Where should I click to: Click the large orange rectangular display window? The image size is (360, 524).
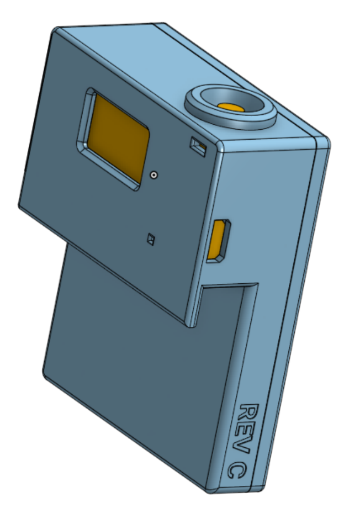pos(117,139)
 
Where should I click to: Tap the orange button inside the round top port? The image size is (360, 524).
pos(231,107)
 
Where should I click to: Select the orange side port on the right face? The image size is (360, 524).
pos(218,240)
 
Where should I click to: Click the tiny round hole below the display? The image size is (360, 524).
pos(153,175)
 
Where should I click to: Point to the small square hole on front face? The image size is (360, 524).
pos(151,239)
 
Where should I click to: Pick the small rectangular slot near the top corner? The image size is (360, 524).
pos(198,146)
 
